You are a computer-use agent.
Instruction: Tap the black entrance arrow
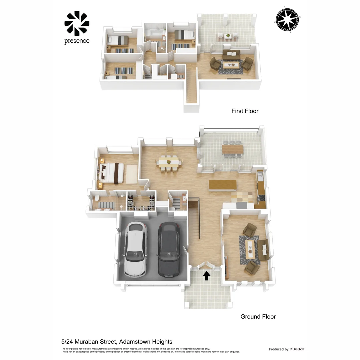click(207, 275)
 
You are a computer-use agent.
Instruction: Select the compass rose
click(287, 20)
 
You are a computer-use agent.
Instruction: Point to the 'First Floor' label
click(245, 111)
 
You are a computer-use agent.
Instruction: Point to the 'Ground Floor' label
click(258, 317)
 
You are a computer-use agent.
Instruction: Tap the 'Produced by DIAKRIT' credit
click(287, 349)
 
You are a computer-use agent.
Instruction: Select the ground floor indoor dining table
click(169, 162)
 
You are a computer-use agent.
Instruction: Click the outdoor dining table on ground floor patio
click(233, 149)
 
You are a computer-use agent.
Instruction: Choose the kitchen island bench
click(222, 185)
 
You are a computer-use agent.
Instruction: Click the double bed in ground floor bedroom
click(112, 173)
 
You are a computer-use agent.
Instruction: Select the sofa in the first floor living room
click(231, 55)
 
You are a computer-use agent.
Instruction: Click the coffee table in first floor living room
click(231, 65)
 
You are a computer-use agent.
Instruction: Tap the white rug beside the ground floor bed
click(131, 174)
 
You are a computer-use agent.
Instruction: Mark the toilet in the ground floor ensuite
click(96, 198)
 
